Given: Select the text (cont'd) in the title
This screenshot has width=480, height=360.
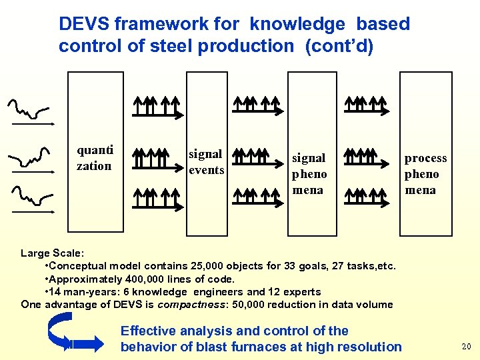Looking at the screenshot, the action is click(335, 46).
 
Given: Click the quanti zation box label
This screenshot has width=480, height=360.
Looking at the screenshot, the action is click(95, 157).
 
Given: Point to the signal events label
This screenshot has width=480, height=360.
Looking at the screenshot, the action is click(206, 162).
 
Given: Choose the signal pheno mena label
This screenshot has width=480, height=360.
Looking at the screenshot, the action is click(309, 174).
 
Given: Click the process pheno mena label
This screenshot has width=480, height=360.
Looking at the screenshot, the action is click(425, 174).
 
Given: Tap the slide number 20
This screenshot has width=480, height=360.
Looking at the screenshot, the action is click(465, 346).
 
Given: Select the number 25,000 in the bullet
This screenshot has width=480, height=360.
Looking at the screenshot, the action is click(209, 266).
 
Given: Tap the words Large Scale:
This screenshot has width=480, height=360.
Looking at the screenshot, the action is click(53, 253).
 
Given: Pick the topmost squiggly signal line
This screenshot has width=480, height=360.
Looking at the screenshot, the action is click(29, 110).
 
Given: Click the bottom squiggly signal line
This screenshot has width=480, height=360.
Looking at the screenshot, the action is click(31, 195).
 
